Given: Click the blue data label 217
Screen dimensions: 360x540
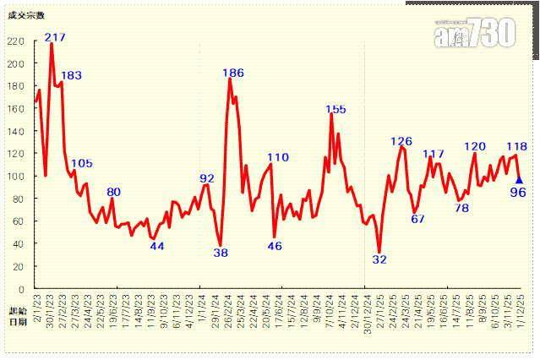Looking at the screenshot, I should point(56,37).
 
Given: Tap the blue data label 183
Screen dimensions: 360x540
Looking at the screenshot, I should point(72,75).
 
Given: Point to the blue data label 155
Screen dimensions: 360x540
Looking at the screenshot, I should point(335,109).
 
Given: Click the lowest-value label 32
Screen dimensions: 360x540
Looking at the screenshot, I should point(379,259).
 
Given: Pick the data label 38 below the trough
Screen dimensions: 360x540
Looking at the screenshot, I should point(221,253).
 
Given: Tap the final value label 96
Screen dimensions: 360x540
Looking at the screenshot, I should point(517,192).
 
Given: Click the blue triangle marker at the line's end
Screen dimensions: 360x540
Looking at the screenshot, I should point(519,179).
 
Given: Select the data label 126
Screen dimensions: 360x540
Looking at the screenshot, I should point(401,141).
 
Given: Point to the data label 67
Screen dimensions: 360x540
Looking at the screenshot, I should point(417,219).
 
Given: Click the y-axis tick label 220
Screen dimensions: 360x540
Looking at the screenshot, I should point(15,41).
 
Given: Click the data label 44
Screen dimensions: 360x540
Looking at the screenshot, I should point(157,246).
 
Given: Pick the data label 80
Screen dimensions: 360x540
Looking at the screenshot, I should point(113,192).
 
